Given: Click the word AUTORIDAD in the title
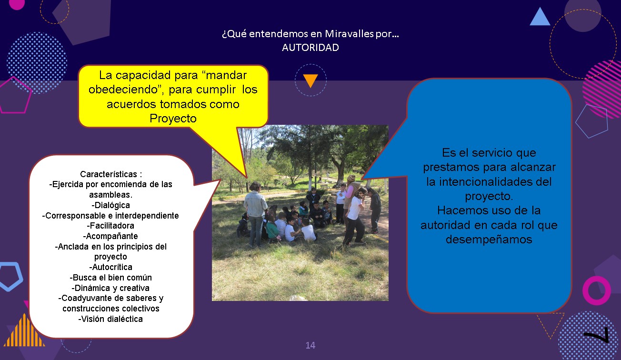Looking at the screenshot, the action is (x=310, y=48).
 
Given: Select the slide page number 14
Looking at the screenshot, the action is (x=310, y=345).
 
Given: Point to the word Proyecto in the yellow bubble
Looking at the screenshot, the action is (x=173, y=119).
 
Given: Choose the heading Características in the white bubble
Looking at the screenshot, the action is (x=109, y=174).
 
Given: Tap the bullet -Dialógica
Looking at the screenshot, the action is (x=110, y=205).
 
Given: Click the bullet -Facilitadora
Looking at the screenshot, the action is (x=110, y=226).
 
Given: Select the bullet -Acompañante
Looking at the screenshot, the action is (x=110, y=236).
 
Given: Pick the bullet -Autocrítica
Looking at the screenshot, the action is (x=110, y=267).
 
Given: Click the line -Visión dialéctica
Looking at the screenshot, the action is (x=110, y=319).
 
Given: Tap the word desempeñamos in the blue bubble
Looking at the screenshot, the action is (x=489, y=240).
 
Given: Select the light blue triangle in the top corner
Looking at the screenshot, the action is (x=540, y=17).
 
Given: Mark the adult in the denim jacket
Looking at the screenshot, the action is (x=255, y=214).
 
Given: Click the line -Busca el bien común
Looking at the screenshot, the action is (x=110, y=278).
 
